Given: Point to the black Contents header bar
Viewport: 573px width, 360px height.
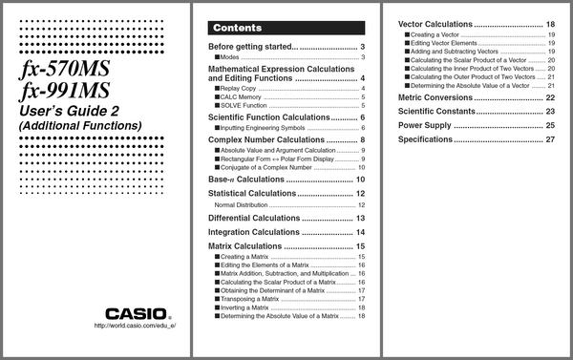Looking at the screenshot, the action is pyautogui.click(x=286, y=28).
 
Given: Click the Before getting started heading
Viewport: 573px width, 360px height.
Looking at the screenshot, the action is pyautogui.click(x=253, y=47).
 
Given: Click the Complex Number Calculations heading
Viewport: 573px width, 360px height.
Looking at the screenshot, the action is pyautogui.click(x=269, y=140).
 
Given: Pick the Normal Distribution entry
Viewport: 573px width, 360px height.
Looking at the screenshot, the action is pyautogui.click(x=249, y=204).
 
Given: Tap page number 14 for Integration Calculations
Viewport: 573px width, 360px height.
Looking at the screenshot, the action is pyautogui.click(x=360, y=232).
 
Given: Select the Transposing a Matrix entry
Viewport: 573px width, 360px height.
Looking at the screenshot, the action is pyautogui.click(x=248, y=299).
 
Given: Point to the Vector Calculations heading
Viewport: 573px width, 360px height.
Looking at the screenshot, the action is pyautogui.click(x=435, y=23).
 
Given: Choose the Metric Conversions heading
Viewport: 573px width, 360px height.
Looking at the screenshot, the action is pyautogui.click(x=435, y=97).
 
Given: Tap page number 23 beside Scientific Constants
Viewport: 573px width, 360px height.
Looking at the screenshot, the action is pyautogui.click(x=550, y=112).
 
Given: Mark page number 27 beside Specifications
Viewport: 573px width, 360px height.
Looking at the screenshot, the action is pyautogui.click(x=550, y=139).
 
